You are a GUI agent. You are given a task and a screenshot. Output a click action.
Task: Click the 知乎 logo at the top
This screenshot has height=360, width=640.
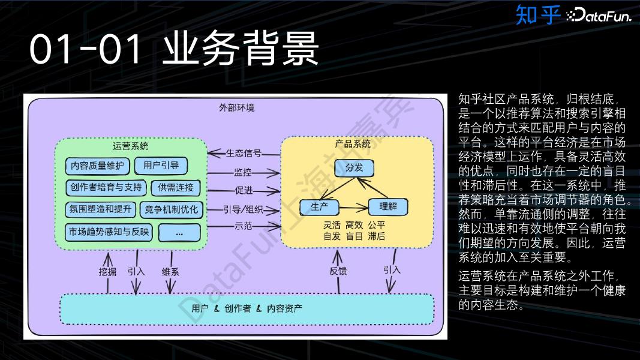click(537, 14)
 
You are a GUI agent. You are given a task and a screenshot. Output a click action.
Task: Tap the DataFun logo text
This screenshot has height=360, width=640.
click(599, 16)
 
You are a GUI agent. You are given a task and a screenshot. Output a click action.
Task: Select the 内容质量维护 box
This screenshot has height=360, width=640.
click(97, 166)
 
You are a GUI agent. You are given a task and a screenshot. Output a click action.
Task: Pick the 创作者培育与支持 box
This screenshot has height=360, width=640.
click(106, 187)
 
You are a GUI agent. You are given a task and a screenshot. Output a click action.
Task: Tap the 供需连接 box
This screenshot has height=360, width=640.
click(175, 188)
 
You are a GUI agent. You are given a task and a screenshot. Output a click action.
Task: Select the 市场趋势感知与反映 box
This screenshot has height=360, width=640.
click(109, 232)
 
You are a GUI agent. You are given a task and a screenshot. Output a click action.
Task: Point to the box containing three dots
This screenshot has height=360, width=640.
click(179, 232)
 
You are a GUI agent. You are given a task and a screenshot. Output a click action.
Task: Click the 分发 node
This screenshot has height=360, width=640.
click(354, 167)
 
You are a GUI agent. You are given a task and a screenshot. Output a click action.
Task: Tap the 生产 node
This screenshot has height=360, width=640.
click(319, 207)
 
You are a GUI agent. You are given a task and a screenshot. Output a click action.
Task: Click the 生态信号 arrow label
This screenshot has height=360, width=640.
click(244, 153)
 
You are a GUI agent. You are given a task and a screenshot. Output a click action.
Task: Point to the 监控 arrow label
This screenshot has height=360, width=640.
click(243, 172)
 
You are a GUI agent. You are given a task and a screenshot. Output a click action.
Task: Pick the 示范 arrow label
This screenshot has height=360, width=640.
click(243, 226)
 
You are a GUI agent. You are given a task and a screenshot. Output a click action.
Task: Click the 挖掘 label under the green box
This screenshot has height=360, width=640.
click(107, 271)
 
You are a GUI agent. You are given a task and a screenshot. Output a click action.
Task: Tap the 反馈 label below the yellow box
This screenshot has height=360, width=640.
click(338, 271)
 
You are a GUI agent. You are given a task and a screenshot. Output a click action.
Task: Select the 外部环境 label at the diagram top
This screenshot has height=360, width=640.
click(236, 108)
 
